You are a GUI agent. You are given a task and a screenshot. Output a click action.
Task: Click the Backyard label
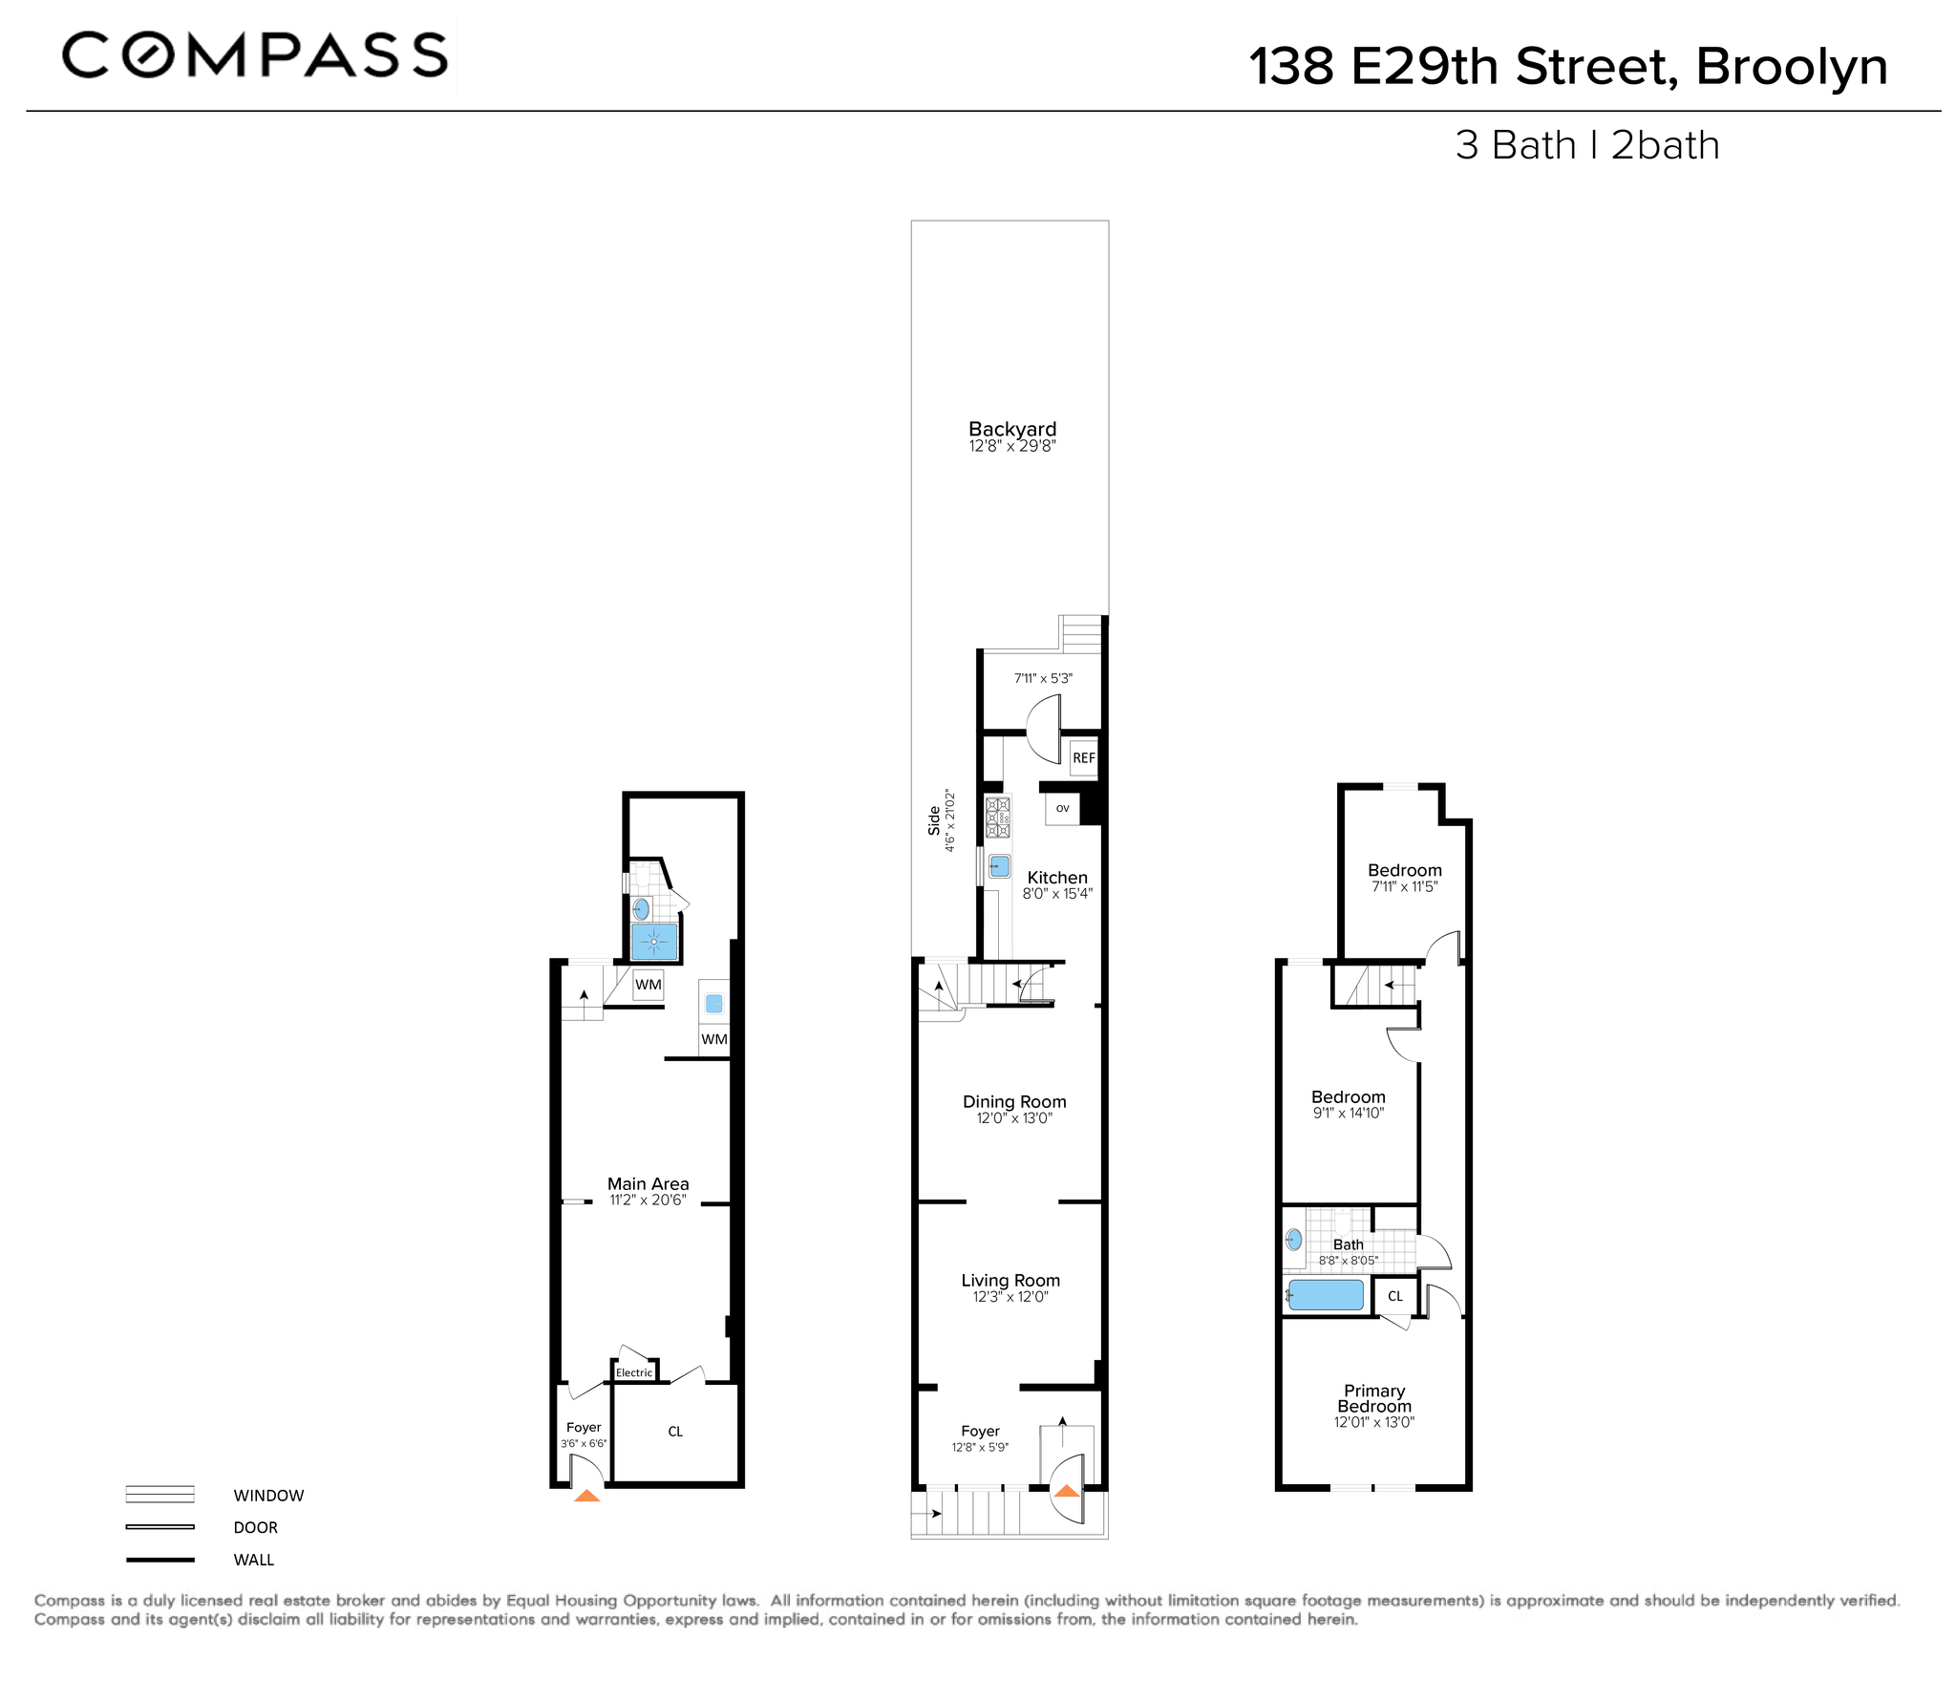pyautogui.click(x=1012, y=430)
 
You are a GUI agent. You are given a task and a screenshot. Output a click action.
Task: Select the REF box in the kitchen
pyautogui.click(x=1083, y=758)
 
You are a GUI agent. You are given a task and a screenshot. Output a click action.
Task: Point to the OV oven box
pyautogui.click(x=1062, y=809)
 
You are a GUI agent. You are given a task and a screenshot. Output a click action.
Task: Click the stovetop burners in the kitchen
pyautogui.click(x=998, y=817)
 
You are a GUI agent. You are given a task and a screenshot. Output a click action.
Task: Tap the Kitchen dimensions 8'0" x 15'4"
pyautogui.click(x=1057, y=894)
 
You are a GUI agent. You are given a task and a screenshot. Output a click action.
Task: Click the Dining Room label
pyautogui.click(x=1014, y=1101)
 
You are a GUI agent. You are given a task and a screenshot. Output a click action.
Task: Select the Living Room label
pyautogui.click(x=1010, y=1280)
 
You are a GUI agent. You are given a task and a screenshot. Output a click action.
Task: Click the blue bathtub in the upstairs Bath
pyautogui.click(x=1326, y=1295)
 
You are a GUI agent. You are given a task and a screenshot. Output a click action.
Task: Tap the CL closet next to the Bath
pyautogui.click(x=1395, y=1296)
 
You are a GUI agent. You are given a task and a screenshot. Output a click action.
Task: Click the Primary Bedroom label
pyautogui.click(x=1374, y=1398)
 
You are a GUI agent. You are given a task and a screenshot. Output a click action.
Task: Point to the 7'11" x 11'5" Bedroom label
pyautogui.click(x=1404, y=870)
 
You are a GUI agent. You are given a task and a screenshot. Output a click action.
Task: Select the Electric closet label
pyautogui.click(x=634, y=1372)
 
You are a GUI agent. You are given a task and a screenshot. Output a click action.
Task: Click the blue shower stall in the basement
pyautogui.click(x=654, y=942)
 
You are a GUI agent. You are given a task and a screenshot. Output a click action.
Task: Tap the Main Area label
pyautogui.click(x=648, y=1183)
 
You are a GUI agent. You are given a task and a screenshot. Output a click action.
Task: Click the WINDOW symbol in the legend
pyautogui.click(x=159, y=1495)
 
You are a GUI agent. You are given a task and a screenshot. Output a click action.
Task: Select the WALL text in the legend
pyautogui.click(x=254, y=1560)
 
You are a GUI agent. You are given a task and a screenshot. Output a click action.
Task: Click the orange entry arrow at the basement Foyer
pyautogui.click(x=587, y=1496)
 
